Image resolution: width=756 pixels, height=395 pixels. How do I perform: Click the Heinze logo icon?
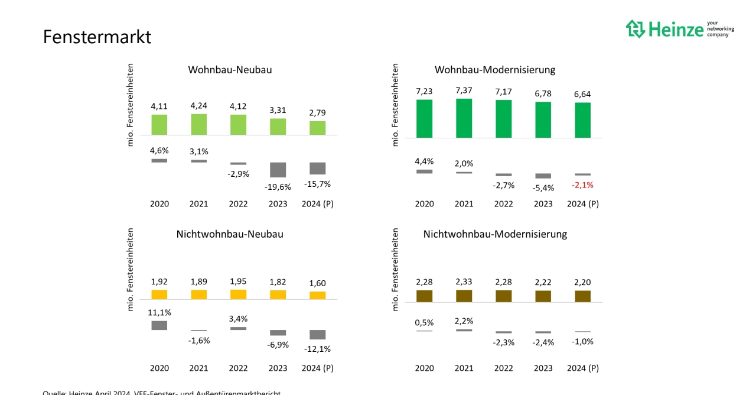tap(636, 28)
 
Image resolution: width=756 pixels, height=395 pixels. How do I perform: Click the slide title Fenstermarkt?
tap(97, 37)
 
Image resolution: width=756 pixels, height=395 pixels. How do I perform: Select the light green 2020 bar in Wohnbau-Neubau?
tap(159, 125)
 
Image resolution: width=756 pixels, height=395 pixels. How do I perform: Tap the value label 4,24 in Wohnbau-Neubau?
tap(199, 106)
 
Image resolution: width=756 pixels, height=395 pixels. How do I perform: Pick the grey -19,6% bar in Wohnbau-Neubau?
tap(278, 170)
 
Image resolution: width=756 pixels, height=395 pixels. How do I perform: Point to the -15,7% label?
tap(318, 184)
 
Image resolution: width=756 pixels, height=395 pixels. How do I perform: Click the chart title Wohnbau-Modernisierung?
tap(495, 70)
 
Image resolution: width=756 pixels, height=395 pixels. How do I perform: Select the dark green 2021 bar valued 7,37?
tap(464, 118)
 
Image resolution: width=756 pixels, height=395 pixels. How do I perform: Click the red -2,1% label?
tap(582, 185)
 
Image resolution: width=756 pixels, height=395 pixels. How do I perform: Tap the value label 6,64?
tap(582, 94)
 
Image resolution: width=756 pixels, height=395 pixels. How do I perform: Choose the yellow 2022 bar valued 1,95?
tap(239, 294)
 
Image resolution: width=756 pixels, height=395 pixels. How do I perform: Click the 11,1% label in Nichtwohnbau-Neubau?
tap(159, 312)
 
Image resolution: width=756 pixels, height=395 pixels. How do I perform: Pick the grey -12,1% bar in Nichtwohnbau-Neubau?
tap(318, 335)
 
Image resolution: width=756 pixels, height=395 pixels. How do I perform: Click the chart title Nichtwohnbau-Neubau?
tap(230, 234)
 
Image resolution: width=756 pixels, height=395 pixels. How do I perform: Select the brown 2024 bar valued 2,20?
tap(582, 296)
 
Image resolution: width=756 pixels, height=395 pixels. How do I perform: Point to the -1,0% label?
tap(582, 341)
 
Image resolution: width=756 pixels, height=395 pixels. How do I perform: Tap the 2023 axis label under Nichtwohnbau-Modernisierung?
tap(543, 368)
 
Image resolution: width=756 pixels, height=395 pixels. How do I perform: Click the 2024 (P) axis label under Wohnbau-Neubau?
tap(318, 204)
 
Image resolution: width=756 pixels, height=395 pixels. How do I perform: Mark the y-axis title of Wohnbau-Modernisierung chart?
tap(395, 105)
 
